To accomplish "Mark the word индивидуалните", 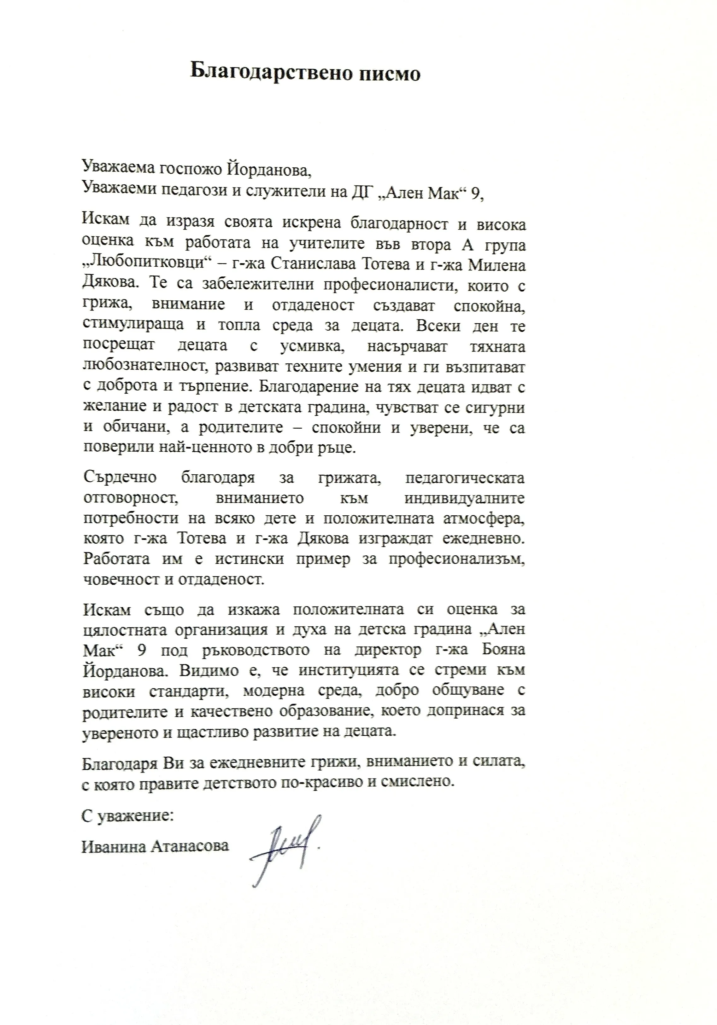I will (465, 498).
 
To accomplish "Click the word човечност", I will (118, 580).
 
